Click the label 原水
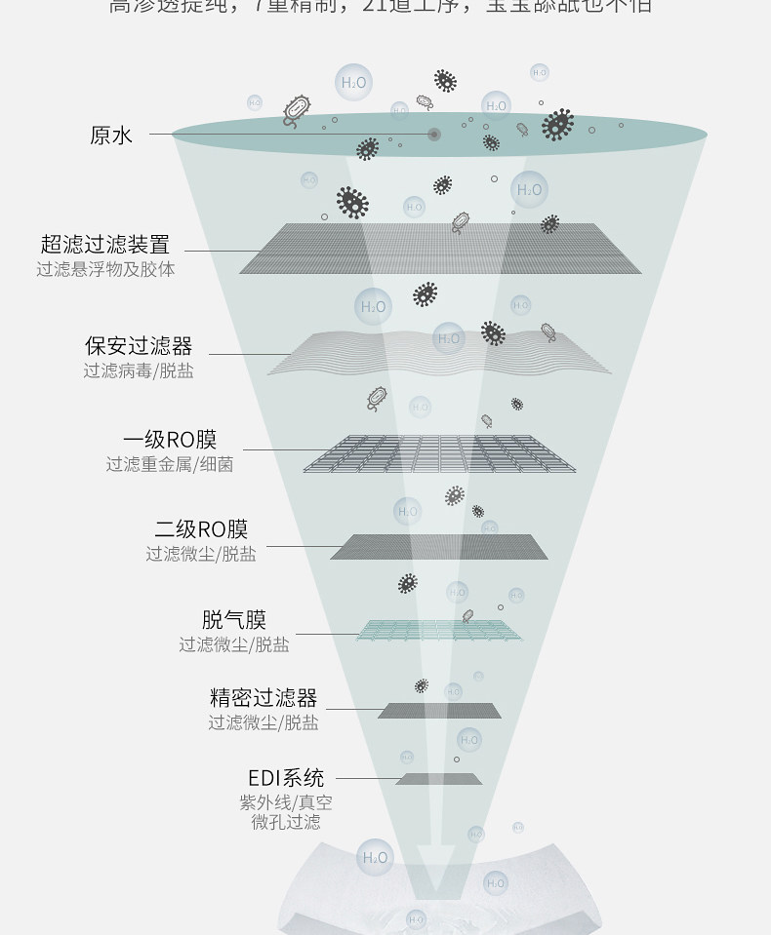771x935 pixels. (110, 136)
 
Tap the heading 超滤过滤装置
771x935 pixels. (105, 245)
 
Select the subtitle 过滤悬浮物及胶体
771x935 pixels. (105, 269)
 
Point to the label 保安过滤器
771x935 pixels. (139, 346)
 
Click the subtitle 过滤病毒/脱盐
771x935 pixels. (139, 370)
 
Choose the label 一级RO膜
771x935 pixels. (170, 440)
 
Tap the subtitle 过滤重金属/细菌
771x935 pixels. (170, 464)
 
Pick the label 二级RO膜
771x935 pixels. (201, 529)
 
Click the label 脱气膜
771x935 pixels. (233, 620)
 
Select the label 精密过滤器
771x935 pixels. (264, 698)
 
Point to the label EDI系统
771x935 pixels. (286, 778)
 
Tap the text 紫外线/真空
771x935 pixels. (286, 802)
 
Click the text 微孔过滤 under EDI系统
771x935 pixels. (286, 822)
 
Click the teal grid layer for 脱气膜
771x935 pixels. (443, 630)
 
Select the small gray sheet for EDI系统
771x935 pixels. (439, 779)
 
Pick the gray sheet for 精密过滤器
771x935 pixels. (439, 711)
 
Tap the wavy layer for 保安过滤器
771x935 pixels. (439, 353)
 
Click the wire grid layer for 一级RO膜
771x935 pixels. (439, 453)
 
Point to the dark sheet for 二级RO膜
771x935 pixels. (439, 547)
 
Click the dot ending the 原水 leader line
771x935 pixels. (433, 134)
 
